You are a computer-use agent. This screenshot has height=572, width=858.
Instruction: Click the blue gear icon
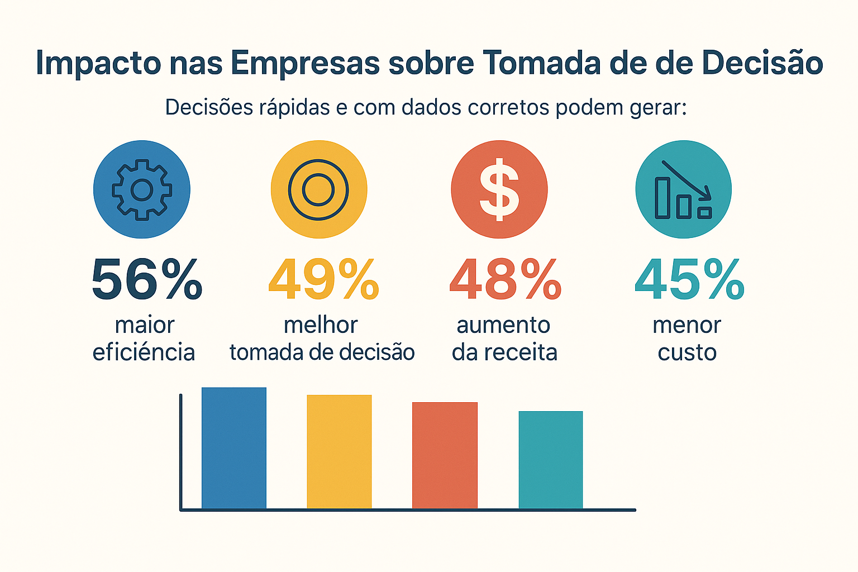pyautogui.click(x=142, y=189)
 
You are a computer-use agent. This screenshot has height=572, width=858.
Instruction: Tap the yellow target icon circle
pyautogui.click(x=318, y=189)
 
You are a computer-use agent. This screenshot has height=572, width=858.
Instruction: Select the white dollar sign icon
pyautogui.click(x=499, y=189)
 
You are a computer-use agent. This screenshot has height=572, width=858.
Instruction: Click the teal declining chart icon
pyautogui.click(x=683, y=190)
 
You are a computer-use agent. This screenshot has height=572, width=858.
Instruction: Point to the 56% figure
pyautogui.click(x=147, y=280)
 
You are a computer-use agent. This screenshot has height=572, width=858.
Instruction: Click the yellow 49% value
pyautogui.click(x=324, y=280)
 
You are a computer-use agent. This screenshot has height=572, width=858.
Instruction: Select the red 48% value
pyautogui.click(x=505, y=280)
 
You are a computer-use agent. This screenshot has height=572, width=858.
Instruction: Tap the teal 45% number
pyautogui.click(x=689, y=280)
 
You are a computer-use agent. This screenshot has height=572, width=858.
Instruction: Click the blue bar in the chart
pyautogui.click(x=234, y=447)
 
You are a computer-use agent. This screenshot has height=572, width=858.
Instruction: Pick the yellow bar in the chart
pyautogui.click(x=339, y=451)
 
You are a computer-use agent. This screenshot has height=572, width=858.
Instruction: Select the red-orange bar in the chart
pyautogui.click(x=445, y=455)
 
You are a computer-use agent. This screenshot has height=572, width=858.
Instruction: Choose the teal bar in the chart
pyautogui.click(x=551, y=460)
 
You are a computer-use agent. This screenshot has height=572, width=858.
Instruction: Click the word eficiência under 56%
pyautogui.click(x=144, y=352)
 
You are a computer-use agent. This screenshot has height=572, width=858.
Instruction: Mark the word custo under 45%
pyautogui.click(x=687, y=352)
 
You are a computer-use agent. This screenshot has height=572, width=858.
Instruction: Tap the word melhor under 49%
pyautogui.click(x=321, y=325)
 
